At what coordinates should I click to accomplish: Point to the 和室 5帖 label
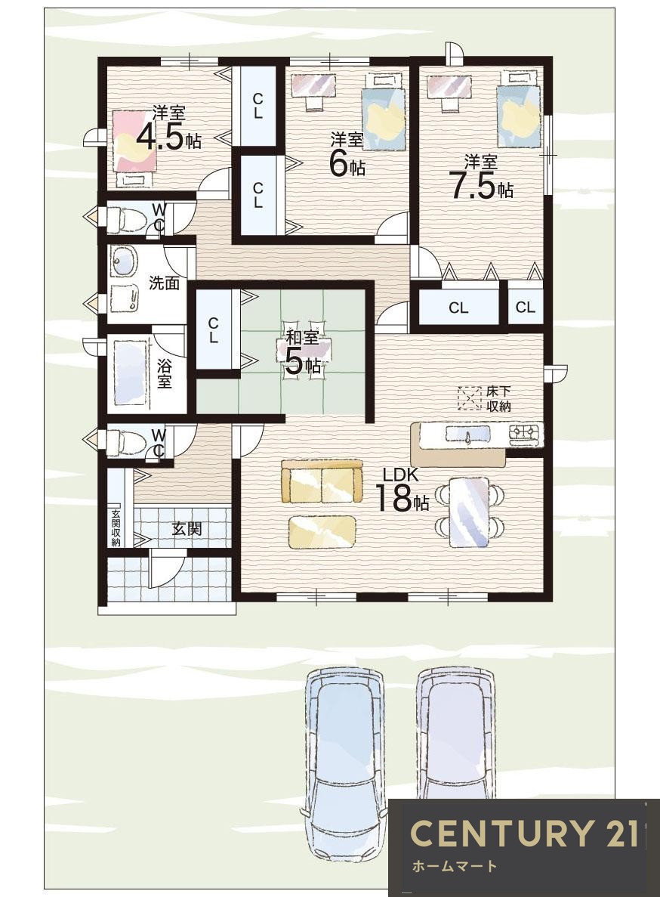302,352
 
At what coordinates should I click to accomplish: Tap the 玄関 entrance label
187,528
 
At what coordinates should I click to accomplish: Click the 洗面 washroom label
164,283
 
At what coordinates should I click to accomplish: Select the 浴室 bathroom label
165,373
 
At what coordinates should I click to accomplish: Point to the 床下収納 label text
498,399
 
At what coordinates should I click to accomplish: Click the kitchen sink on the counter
467,435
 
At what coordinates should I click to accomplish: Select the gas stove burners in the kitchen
524,435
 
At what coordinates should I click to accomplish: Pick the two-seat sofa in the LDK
322,481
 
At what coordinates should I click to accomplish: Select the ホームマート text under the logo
455,866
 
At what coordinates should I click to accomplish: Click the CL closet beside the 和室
213,330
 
